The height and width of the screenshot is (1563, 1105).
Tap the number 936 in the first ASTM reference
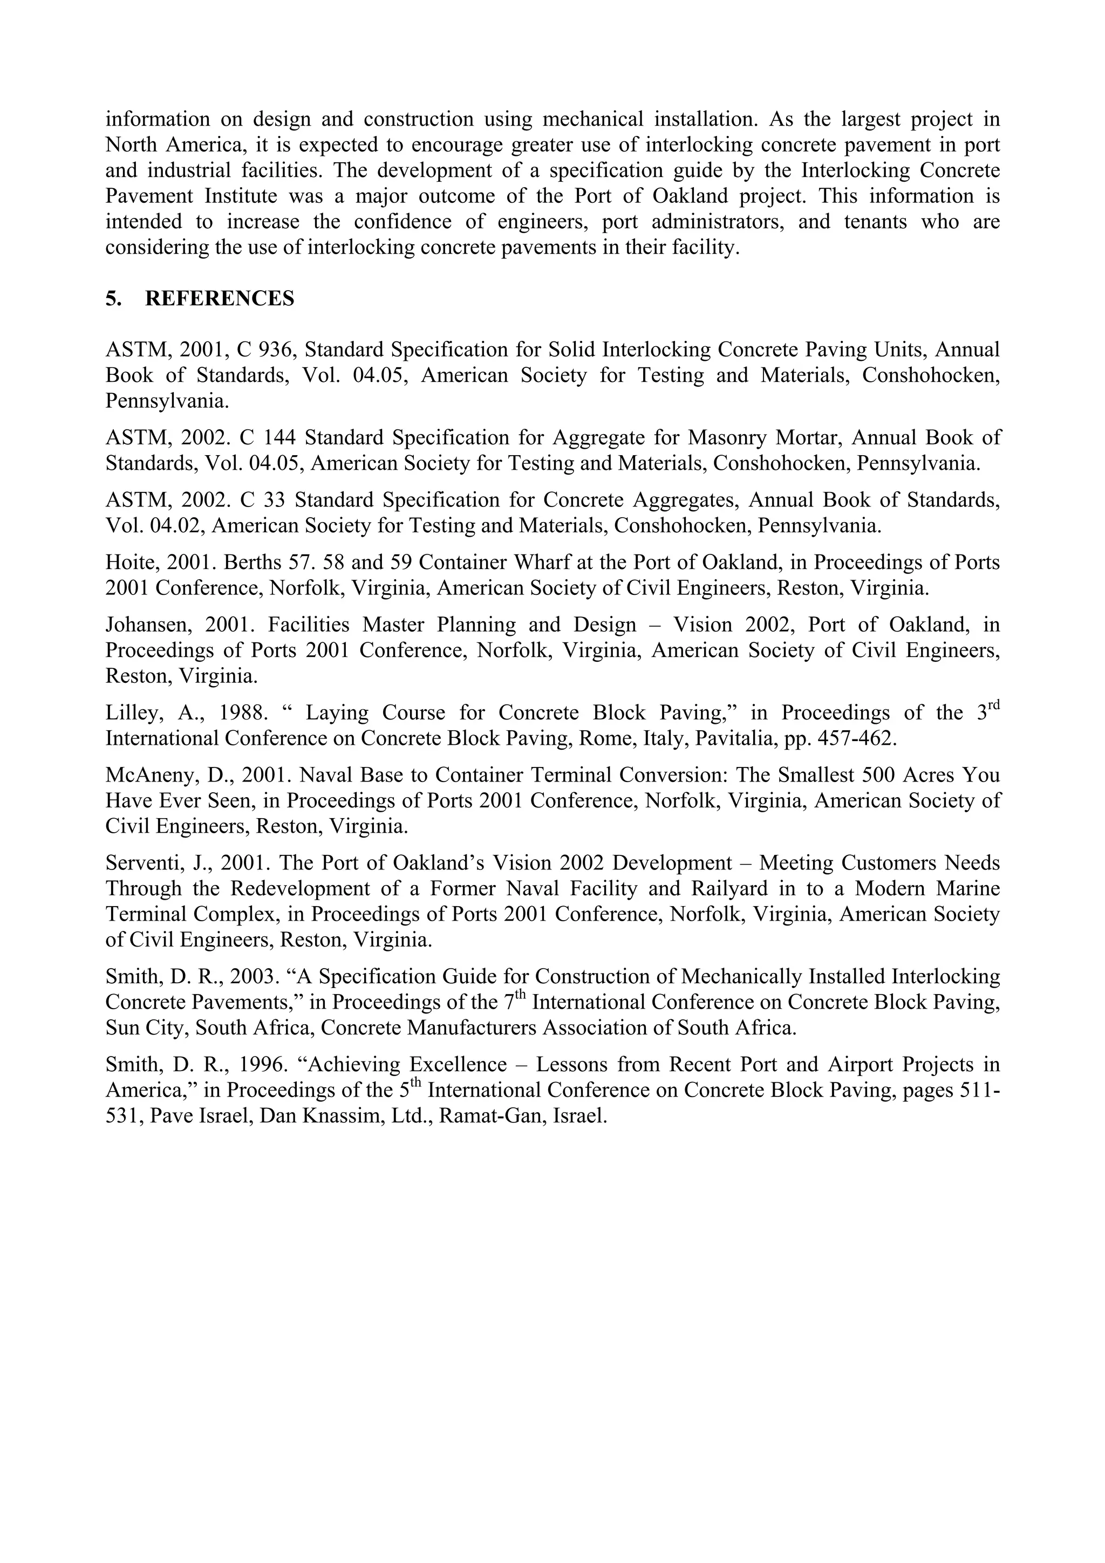[x=278, y=350]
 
